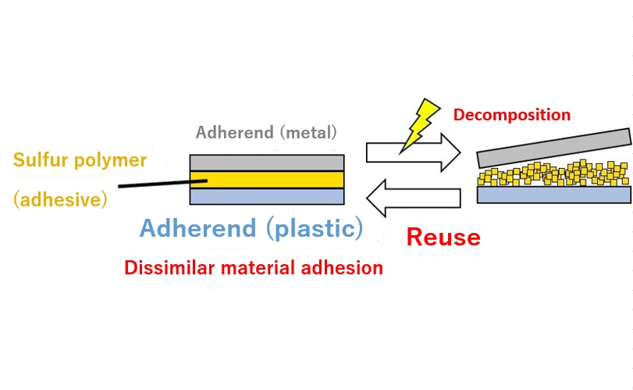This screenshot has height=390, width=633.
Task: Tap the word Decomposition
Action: (x=511, y=116)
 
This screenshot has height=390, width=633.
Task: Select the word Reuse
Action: (x=443, y=236)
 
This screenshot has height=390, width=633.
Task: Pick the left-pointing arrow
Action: (x=414, y=199)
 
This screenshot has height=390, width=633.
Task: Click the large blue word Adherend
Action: (x=197, y=228)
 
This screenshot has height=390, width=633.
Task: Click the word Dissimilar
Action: (x=165, y=268)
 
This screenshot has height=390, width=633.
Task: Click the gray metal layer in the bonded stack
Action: (x=267, y=162)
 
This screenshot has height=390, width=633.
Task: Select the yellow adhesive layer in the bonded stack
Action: (x=267, y=180)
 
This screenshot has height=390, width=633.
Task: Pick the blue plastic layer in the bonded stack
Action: (x=267, y=196)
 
